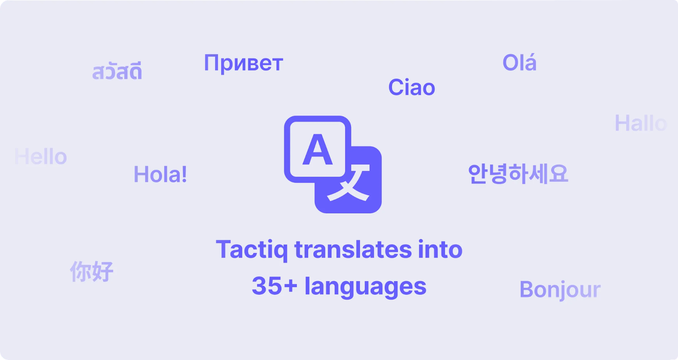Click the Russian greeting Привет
243,64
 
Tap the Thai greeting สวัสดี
117,72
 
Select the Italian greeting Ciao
411,88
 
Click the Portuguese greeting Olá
519,63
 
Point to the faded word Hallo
640,124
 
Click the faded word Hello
41,157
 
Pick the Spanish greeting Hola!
160,174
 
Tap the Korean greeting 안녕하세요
518,174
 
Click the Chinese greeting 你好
92,271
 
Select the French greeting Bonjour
560,290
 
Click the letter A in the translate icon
317,150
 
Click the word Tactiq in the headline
252,250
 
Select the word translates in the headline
353,250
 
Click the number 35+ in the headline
274,286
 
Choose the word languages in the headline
365,287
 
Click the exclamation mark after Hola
183,174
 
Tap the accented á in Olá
530,63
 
